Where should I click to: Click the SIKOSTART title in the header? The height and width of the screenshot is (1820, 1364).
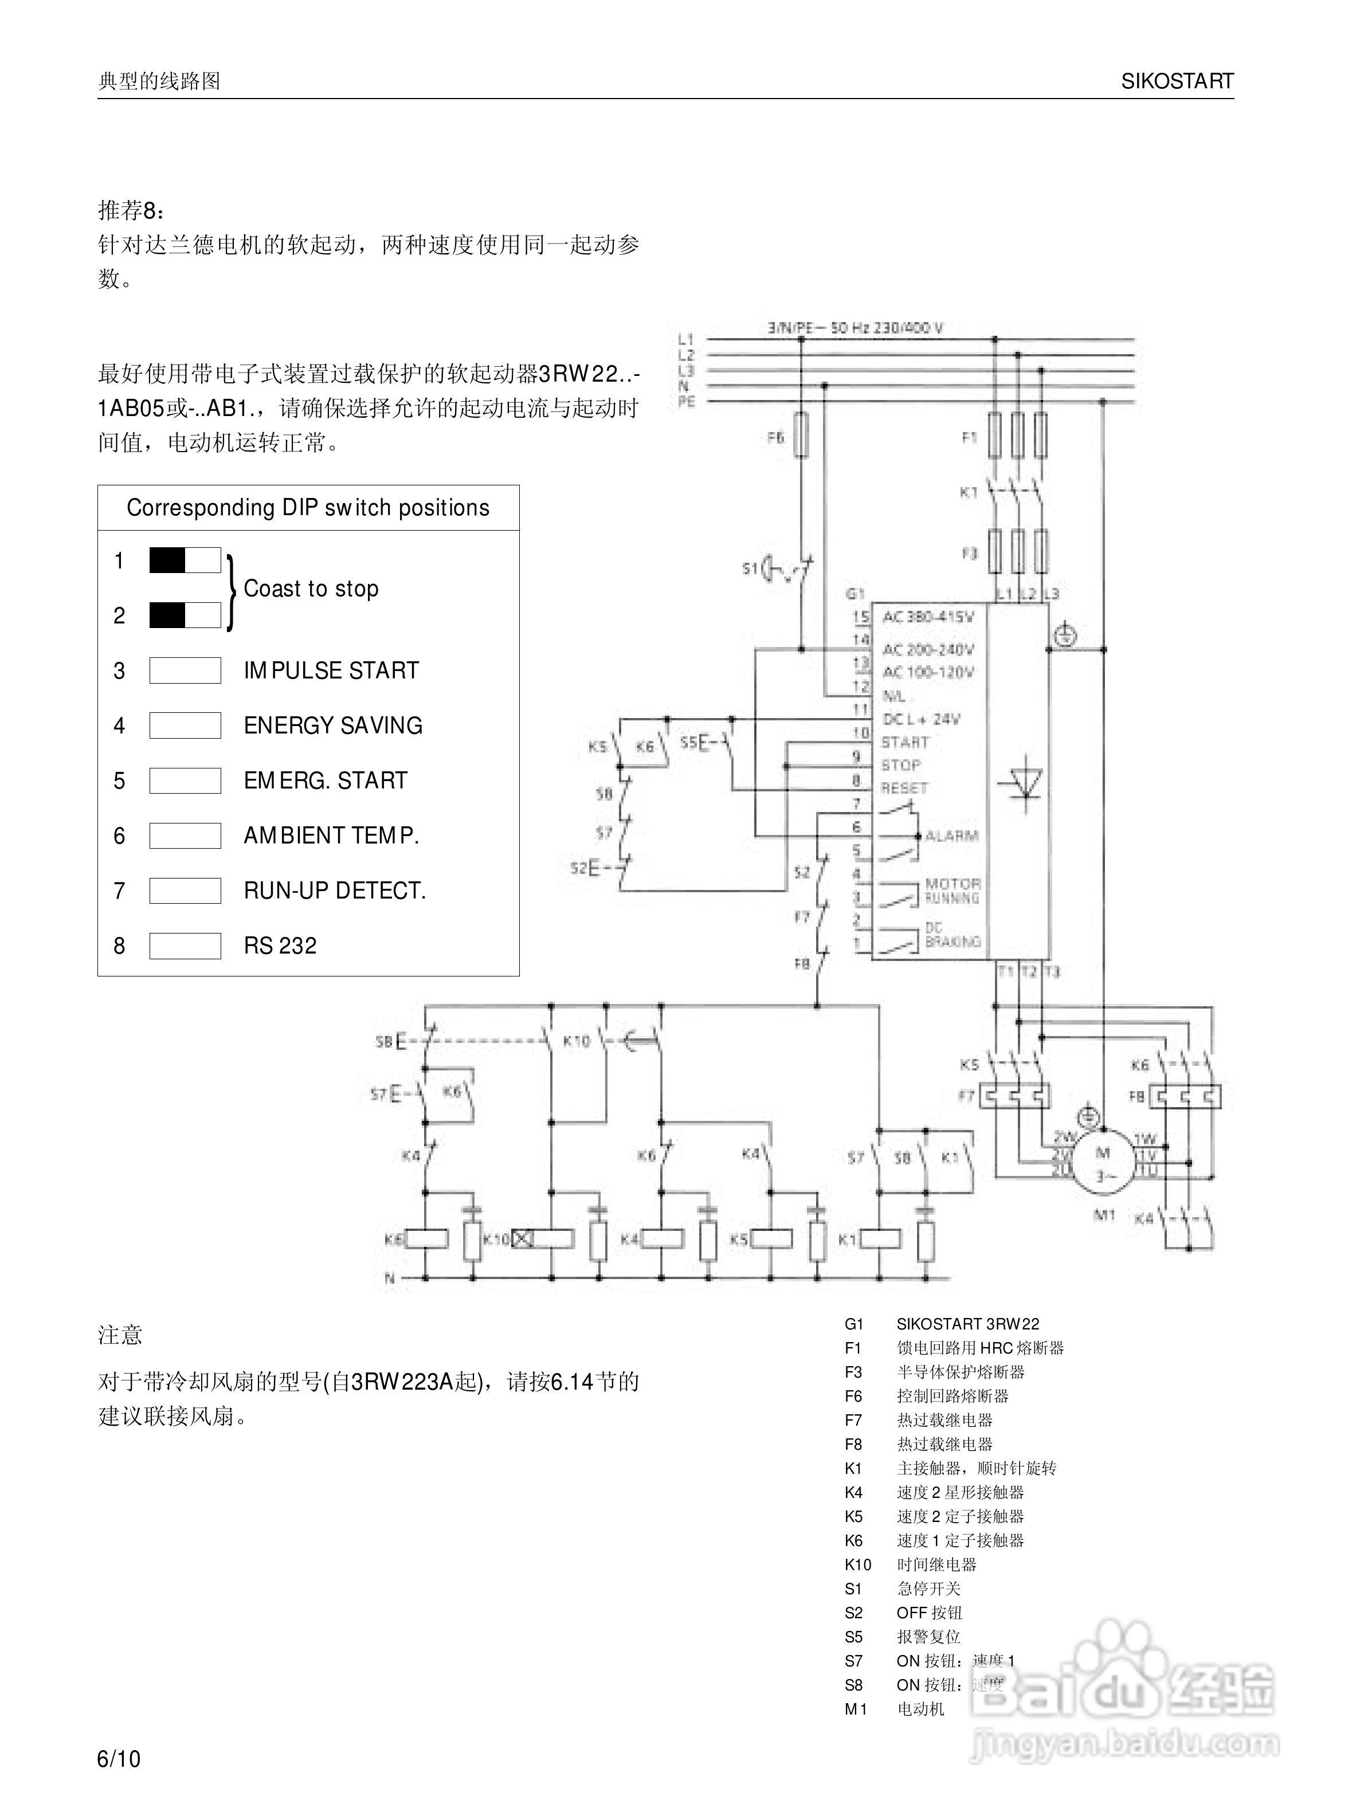[1177, 81]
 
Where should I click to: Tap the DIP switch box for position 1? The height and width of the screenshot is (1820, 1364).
[185, 560]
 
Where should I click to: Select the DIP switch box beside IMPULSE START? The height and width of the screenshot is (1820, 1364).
[185, 670]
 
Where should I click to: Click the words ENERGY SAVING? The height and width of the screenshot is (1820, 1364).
[332, 725]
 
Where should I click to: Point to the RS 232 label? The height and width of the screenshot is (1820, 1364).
[280, 946]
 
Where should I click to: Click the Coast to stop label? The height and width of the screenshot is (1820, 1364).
[311, 589]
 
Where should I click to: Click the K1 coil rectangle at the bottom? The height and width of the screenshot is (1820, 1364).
[880, 1238]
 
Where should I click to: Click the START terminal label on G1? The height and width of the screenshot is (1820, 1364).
[905, 742]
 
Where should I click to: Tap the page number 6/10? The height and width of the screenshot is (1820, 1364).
[119, 1759]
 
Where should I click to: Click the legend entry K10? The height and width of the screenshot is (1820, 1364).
[857, 1564]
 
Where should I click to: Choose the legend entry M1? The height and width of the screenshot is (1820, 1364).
[856, 1709]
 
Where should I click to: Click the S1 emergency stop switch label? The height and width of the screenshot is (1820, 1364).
[748, 568]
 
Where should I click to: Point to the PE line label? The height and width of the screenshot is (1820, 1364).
[686, 402]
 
